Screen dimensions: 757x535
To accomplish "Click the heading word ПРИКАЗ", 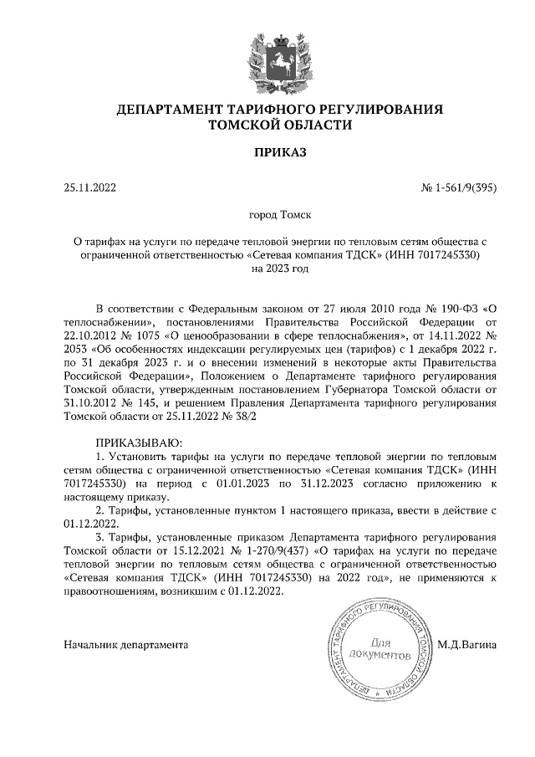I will (267, 152).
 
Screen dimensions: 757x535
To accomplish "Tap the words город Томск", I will (267, 215).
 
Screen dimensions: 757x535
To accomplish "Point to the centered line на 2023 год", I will (267, 269).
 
